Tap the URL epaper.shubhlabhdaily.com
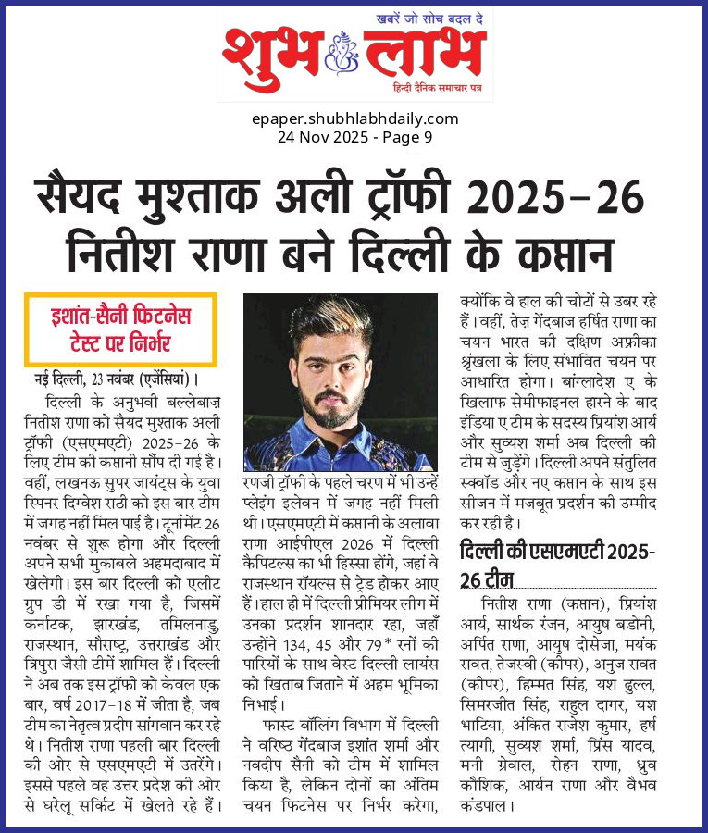[354, 118]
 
